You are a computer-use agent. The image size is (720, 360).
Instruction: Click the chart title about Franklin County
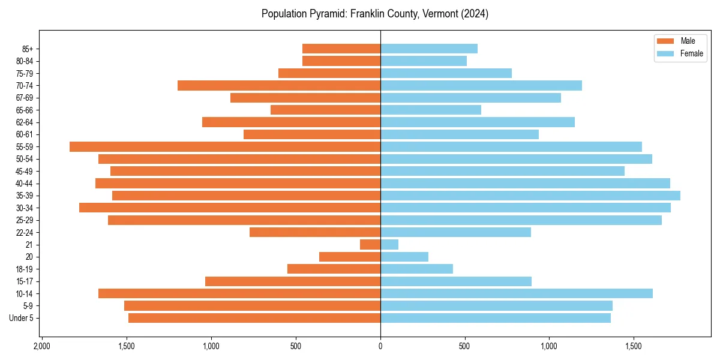click(375, 14)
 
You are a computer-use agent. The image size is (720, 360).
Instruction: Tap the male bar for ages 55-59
click(225, 146)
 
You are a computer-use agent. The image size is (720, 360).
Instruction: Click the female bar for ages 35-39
click(530, 196)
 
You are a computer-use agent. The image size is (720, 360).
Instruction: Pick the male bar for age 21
click(370, 244)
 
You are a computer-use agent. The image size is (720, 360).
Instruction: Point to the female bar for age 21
click(389, 244)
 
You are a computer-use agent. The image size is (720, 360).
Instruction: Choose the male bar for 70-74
click(279, 85)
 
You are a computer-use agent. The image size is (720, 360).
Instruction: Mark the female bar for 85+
click(429, 49)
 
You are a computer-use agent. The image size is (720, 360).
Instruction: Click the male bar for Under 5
click(254, 318)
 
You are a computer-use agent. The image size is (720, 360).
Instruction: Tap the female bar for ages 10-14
click(517, 293)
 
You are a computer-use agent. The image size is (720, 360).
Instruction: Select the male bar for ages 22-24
click(315, 232)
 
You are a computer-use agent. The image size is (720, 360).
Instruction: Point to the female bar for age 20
click(404, 257)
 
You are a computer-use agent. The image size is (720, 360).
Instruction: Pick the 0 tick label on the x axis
click(380, 346)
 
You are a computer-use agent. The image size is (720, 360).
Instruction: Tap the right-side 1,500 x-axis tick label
click(634, 346)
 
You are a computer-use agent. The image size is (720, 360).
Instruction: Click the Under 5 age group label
click(22, 318)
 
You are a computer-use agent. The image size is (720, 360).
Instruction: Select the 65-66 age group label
click(25, 110)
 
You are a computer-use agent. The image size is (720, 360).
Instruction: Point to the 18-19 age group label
click(25, 269)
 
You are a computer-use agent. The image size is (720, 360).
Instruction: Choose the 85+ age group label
click(28, 49)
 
